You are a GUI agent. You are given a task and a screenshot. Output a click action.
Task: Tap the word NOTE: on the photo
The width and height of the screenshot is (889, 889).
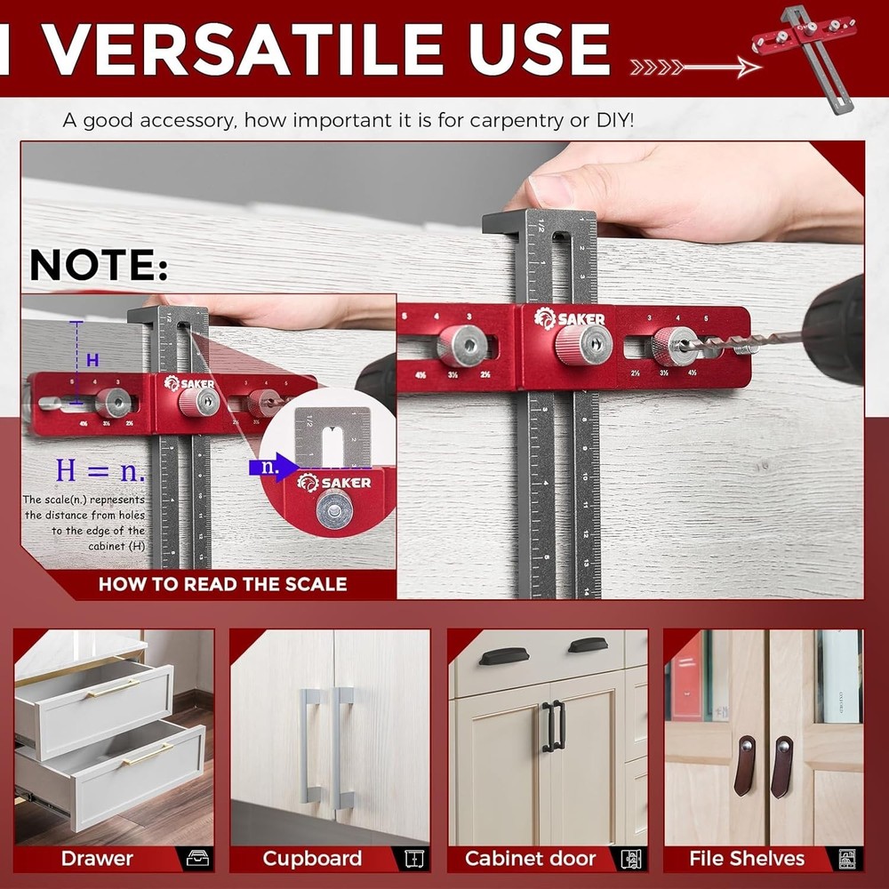[99, 265]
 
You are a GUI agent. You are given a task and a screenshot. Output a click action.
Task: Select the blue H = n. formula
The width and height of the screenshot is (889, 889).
[100, 470]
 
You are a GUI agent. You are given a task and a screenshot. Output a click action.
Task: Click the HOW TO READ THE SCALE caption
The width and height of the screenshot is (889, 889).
[222, 584]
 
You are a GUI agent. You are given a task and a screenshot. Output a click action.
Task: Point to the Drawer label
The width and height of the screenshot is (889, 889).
[97, 859]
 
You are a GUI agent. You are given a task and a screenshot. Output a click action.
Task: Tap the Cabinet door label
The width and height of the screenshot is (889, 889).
[530, 859]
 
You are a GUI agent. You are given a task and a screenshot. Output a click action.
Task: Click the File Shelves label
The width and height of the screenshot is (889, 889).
[747, 859]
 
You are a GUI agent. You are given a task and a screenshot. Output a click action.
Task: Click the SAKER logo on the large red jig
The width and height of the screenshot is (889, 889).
[569, 318]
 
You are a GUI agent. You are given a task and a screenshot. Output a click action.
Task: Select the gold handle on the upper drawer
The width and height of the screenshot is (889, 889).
[113, 687]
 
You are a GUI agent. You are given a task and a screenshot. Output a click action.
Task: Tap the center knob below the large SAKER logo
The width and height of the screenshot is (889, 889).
[583, 345]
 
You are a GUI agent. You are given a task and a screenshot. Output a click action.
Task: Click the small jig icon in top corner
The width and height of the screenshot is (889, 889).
[805, 53]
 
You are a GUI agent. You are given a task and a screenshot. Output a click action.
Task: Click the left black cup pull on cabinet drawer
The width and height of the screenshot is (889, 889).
[503, 656]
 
